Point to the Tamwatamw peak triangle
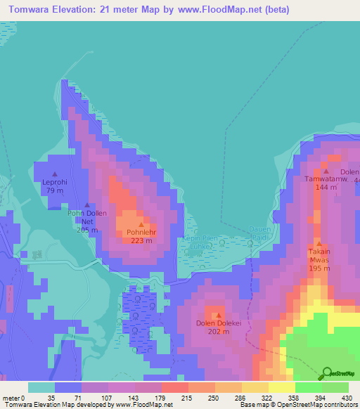point(326,171)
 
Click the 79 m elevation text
point(55,190)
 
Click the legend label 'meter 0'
point(15,398)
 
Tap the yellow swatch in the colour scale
point(281,387)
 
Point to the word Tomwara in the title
point(31,11)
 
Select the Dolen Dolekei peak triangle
point(218,315)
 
